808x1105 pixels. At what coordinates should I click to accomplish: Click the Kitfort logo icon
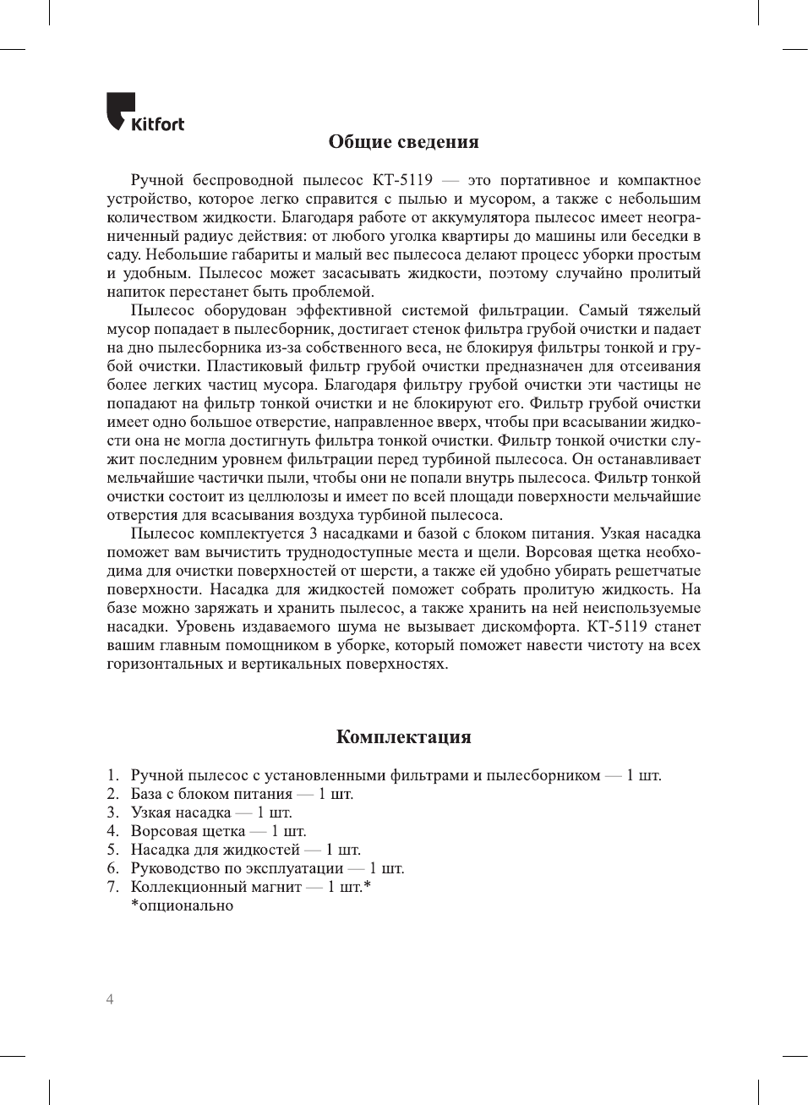click(x=119, y=110)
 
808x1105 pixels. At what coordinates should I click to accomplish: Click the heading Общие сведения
click(x=403, y=142)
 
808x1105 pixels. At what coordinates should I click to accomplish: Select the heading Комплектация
click(x=403, y=736)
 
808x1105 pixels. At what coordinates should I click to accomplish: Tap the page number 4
click(x=110, y=999)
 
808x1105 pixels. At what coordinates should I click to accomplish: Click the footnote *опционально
click(x=182, y=905)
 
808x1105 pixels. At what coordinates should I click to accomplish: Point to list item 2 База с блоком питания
click(x=242, y=794)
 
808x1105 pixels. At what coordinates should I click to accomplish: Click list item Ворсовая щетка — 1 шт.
click(x=218, y=831)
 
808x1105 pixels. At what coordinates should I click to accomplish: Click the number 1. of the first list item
click(x=113, y=775)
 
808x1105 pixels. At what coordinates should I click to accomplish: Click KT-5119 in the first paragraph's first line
click(x=402, y=180)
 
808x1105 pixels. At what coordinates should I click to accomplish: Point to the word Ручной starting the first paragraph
click(x=157, y=180)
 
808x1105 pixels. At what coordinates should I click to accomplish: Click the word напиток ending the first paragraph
click(x=134, y=292)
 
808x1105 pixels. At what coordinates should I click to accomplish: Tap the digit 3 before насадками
click(x=314, y=533)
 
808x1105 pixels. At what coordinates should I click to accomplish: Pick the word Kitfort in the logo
click(x=158, y=124)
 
